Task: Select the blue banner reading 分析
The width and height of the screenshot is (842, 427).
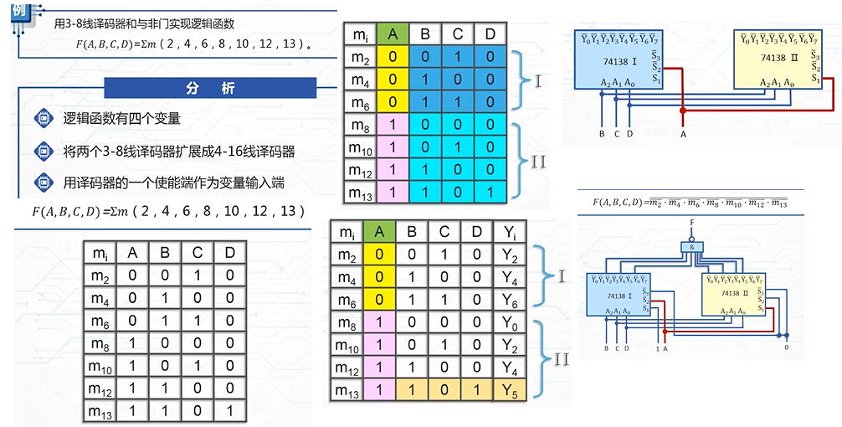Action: [210, 88]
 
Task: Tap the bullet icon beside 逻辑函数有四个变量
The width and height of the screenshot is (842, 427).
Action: [43, 119]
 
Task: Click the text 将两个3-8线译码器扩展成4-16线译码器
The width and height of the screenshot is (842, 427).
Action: [179, 152]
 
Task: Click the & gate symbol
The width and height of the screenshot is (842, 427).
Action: [691, 249]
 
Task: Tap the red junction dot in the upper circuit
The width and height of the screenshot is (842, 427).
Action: [684, 111]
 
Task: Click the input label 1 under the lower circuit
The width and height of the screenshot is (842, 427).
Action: [657, 347]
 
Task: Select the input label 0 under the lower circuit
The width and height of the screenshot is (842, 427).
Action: [786, 347]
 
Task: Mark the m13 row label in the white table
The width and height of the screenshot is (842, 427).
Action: [100, 410]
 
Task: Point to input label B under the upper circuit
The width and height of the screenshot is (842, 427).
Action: [601, 133]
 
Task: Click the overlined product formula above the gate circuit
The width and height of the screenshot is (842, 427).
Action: [689, 203]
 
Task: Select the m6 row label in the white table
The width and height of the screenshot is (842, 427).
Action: [100, 322]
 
